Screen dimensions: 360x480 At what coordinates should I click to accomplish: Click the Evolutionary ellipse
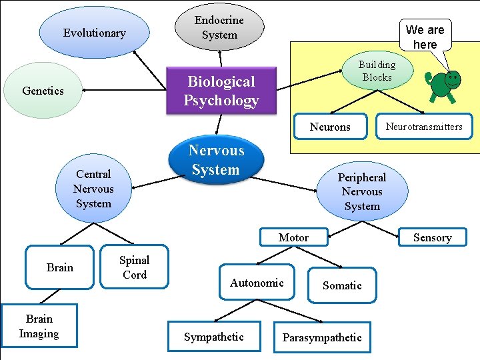(x=94, y=33)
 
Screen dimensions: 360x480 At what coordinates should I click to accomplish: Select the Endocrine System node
(x=219, y=27)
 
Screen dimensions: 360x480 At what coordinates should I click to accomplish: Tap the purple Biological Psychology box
(x=221, y=91)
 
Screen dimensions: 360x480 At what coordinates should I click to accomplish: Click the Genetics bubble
(x=43, y=91)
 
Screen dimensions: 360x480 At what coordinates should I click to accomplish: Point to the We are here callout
(x=425, y=36)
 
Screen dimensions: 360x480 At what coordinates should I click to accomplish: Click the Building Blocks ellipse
(x=377, y=71)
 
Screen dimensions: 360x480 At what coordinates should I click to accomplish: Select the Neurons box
(x=330, y=127)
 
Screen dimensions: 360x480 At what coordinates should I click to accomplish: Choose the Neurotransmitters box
(x=423, y=126)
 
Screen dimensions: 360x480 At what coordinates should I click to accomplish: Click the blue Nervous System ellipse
(x=215, y=160)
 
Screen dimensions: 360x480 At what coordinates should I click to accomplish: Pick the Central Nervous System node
(x=93, y=189)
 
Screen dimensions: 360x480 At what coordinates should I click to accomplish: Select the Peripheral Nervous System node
(x=362, y=191)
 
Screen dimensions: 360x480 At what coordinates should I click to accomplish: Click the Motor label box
(x=293, y=237)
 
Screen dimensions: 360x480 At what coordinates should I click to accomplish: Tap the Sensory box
(x=432, y=237)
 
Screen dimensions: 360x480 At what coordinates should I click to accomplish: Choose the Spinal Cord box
(x=134, y=267)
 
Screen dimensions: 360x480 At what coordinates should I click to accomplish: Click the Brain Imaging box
(x=39, y=327)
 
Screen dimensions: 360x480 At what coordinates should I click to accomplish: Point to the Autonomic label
(x=257, y=283)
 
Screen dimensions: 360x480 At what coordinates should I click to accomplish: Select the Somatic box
(x=342, y=285)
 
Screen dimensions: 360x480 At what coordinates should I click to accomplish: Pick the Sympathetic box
(x=214, y=337)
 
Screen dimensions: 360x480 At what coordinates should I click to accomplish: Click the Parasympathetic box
(x=322, y=337)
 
